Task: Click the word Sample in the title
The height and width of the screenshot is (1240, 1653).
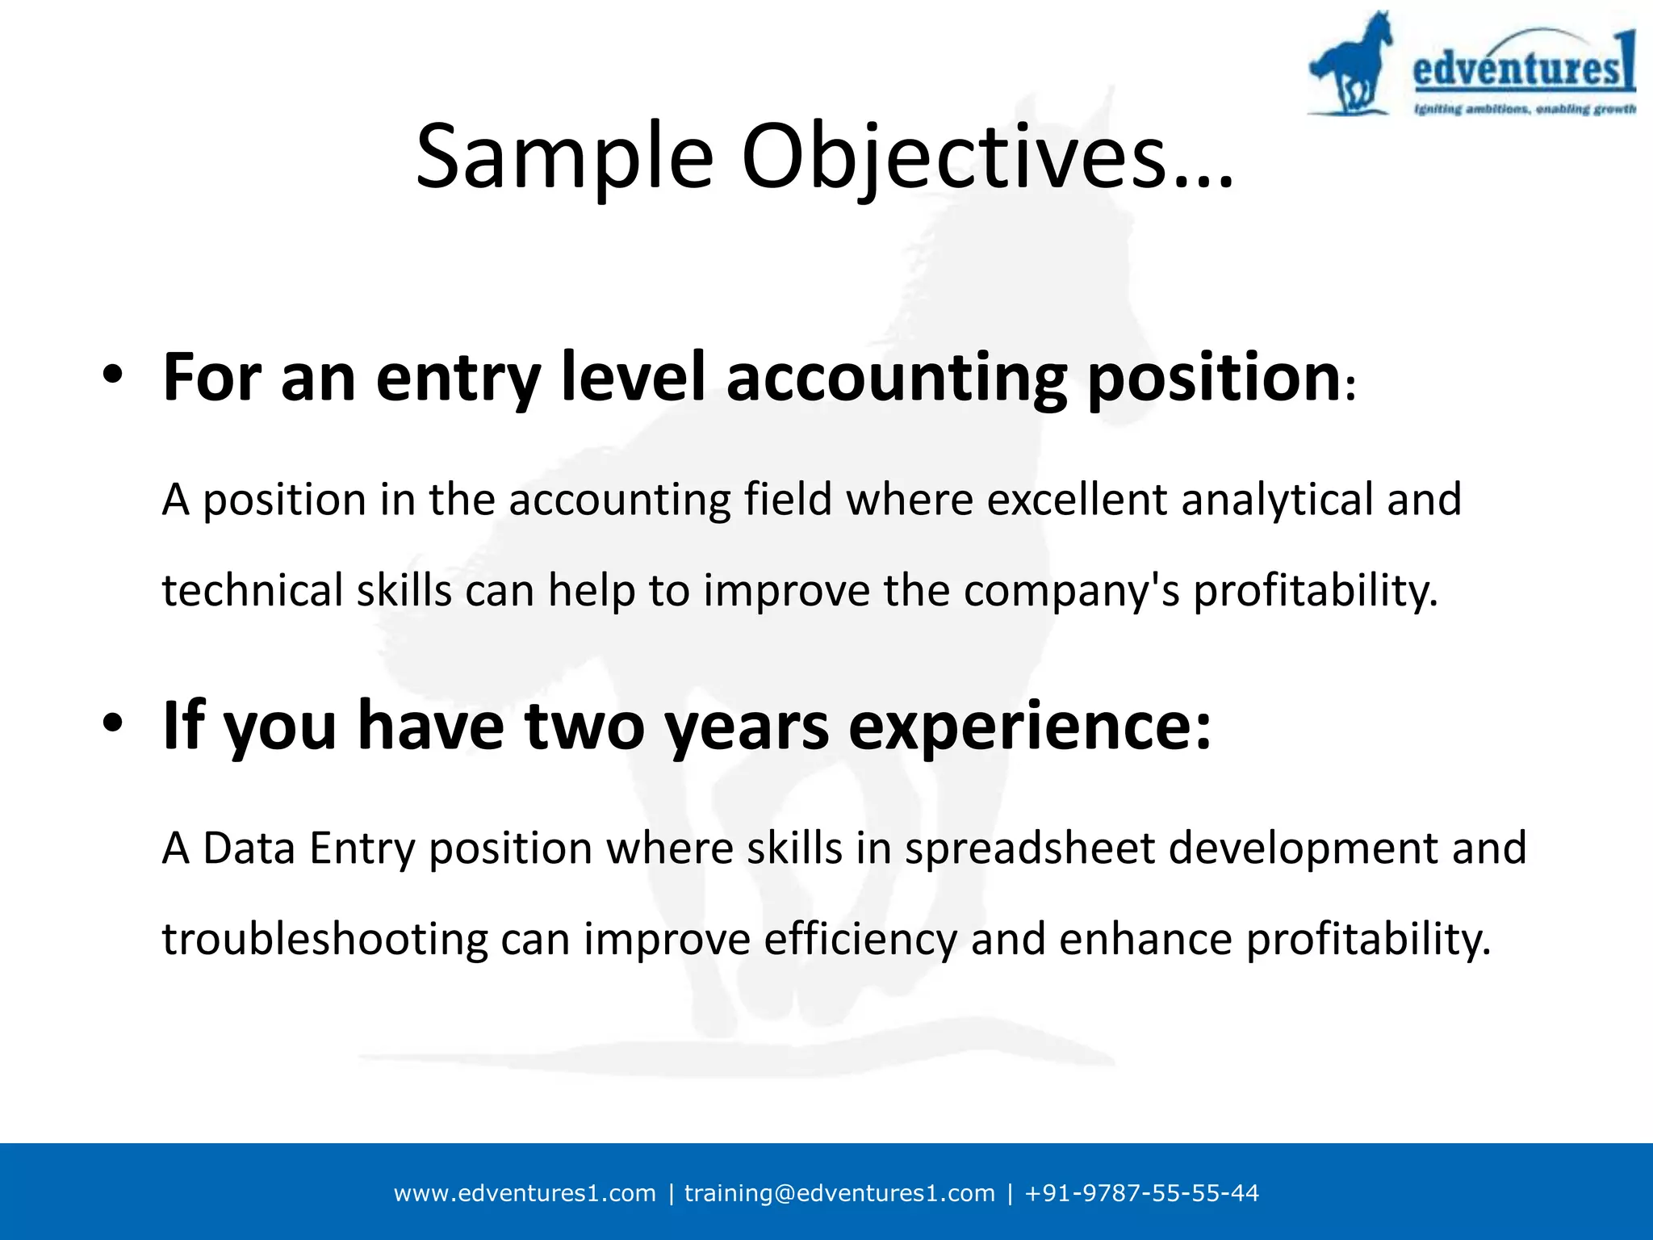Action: pyautogui.click(x=564, y=157)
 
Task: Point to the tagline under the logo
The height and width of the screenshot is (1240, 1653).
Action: pyautogui.click(x=1525, y=109)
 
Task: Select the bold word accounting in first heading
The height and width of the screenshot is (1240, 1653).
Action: pyautogui.click(x=896, y=377)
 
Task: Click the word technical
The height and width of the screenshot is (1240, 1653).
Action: pyautogui.click(x=253, y=590)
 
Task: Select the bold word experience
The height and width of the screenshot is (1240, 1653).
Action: pyautogui.click(x=1029, y=725)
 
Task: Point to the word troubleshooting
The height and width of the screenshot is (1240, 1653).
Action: pyautogui.click(x=324, y=940)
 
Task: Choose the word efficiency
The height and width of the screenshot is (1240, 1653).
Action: pyautogui.click(x=860, y=940)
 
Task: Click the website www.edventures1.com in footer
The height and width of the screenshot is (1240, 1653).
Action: pyautogui.click(x=525, y=1193)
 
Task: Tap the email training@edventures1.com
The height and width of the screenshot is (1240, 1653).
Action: pyautogui.click(x=839, y=1193)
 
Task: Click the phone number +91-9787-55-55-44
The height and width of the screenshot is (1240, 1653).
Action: pyautogui.click(x=1141, y=1193)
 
